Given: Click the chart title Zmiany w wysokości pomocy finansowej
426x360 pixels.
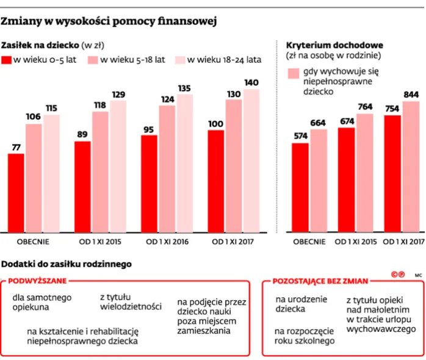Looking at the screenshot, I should [109, 22].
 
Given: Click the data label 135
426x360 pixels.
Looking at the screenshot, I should [184, 88].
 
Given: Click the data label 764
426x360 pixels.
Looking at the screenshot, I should [364, 107].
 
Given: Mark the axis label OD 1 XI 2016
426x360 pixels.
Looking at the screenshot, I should [167, 242].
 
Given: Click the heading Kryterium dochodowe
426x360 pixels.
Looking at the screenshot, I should [334, 45].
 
